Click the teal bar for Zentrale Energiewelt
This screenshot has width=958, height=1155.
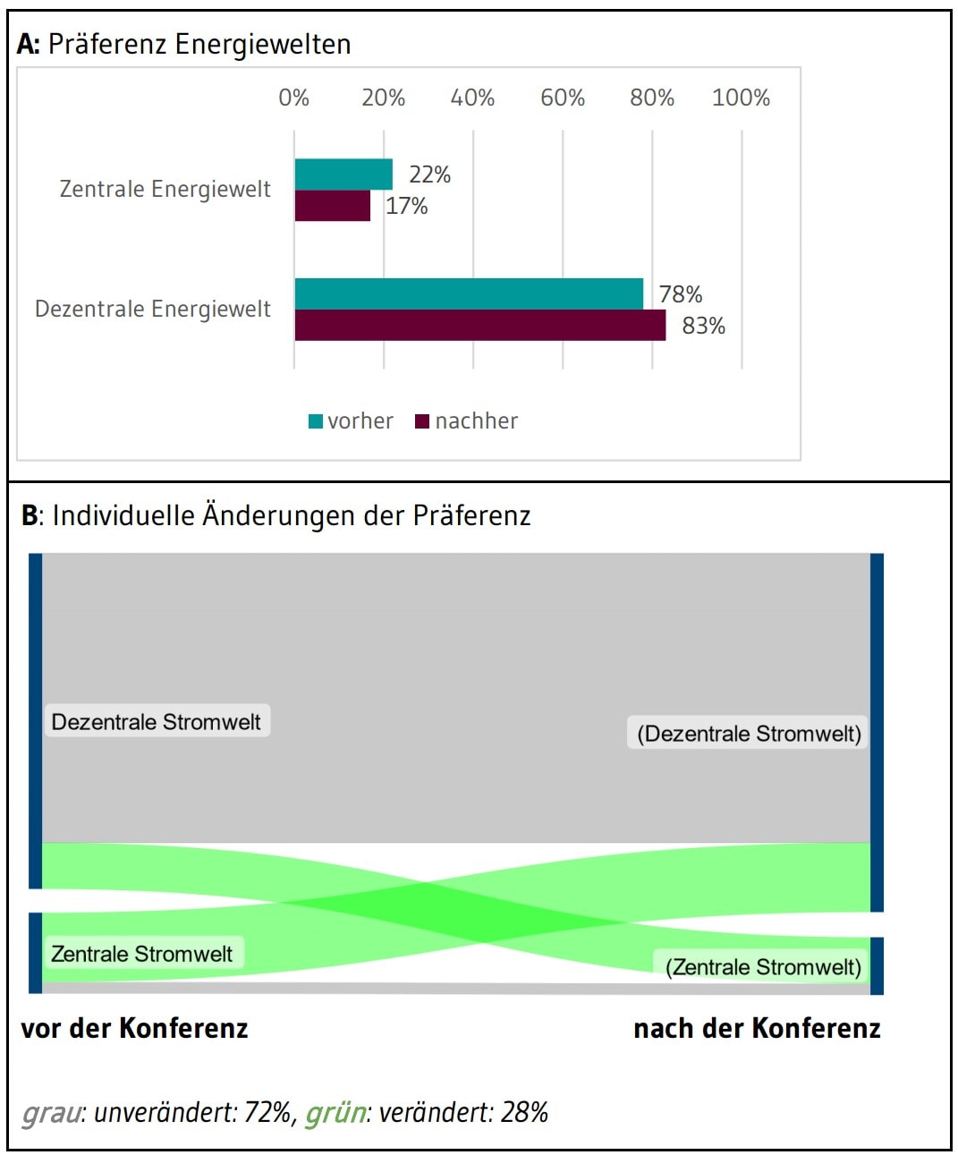click(343, 174)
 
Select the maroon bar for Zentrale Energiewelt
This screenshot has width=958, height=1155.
click(333, 206)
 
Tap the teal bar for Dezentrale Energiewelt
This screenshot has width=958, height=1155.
click(469, 293)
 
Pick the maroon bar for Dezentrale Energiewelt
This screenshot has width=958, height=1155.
click(480, 326)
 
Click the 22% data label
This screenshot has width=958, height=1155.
click(429, 174)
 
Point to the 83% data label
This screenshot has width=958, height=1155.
click(703, 326)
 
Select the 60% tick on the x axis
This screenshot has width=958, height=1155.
click(563, 98)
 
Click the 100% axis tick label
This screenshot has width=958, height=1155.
click(741, 98)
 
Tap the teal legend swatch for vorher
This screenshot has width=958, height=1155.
click(315, 421)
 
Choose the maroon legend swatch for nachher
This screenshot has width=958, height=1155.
click(422, 421)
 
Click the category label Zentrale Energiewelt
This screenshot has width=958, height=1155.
click(165, 189)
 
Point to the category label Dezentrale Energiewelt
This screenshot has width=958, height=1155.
click(153, 310)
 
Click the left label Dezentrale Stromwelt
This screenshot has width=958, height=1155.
click(156, 722)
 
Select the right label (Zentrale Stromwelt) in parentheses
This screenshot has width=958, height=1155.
click(763, 967)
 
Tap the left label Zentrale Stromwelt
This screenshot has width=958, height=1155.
click(141, 954)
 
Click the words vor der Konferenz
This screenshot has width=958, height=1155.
click(134, 1028)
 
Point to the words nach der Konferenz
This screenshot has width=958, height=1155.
click(757, 1028)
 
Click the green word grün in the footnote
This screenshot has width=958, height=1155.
click(335, 1112)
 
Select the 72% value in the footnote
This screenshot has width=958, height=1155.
click(267, 1112)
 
